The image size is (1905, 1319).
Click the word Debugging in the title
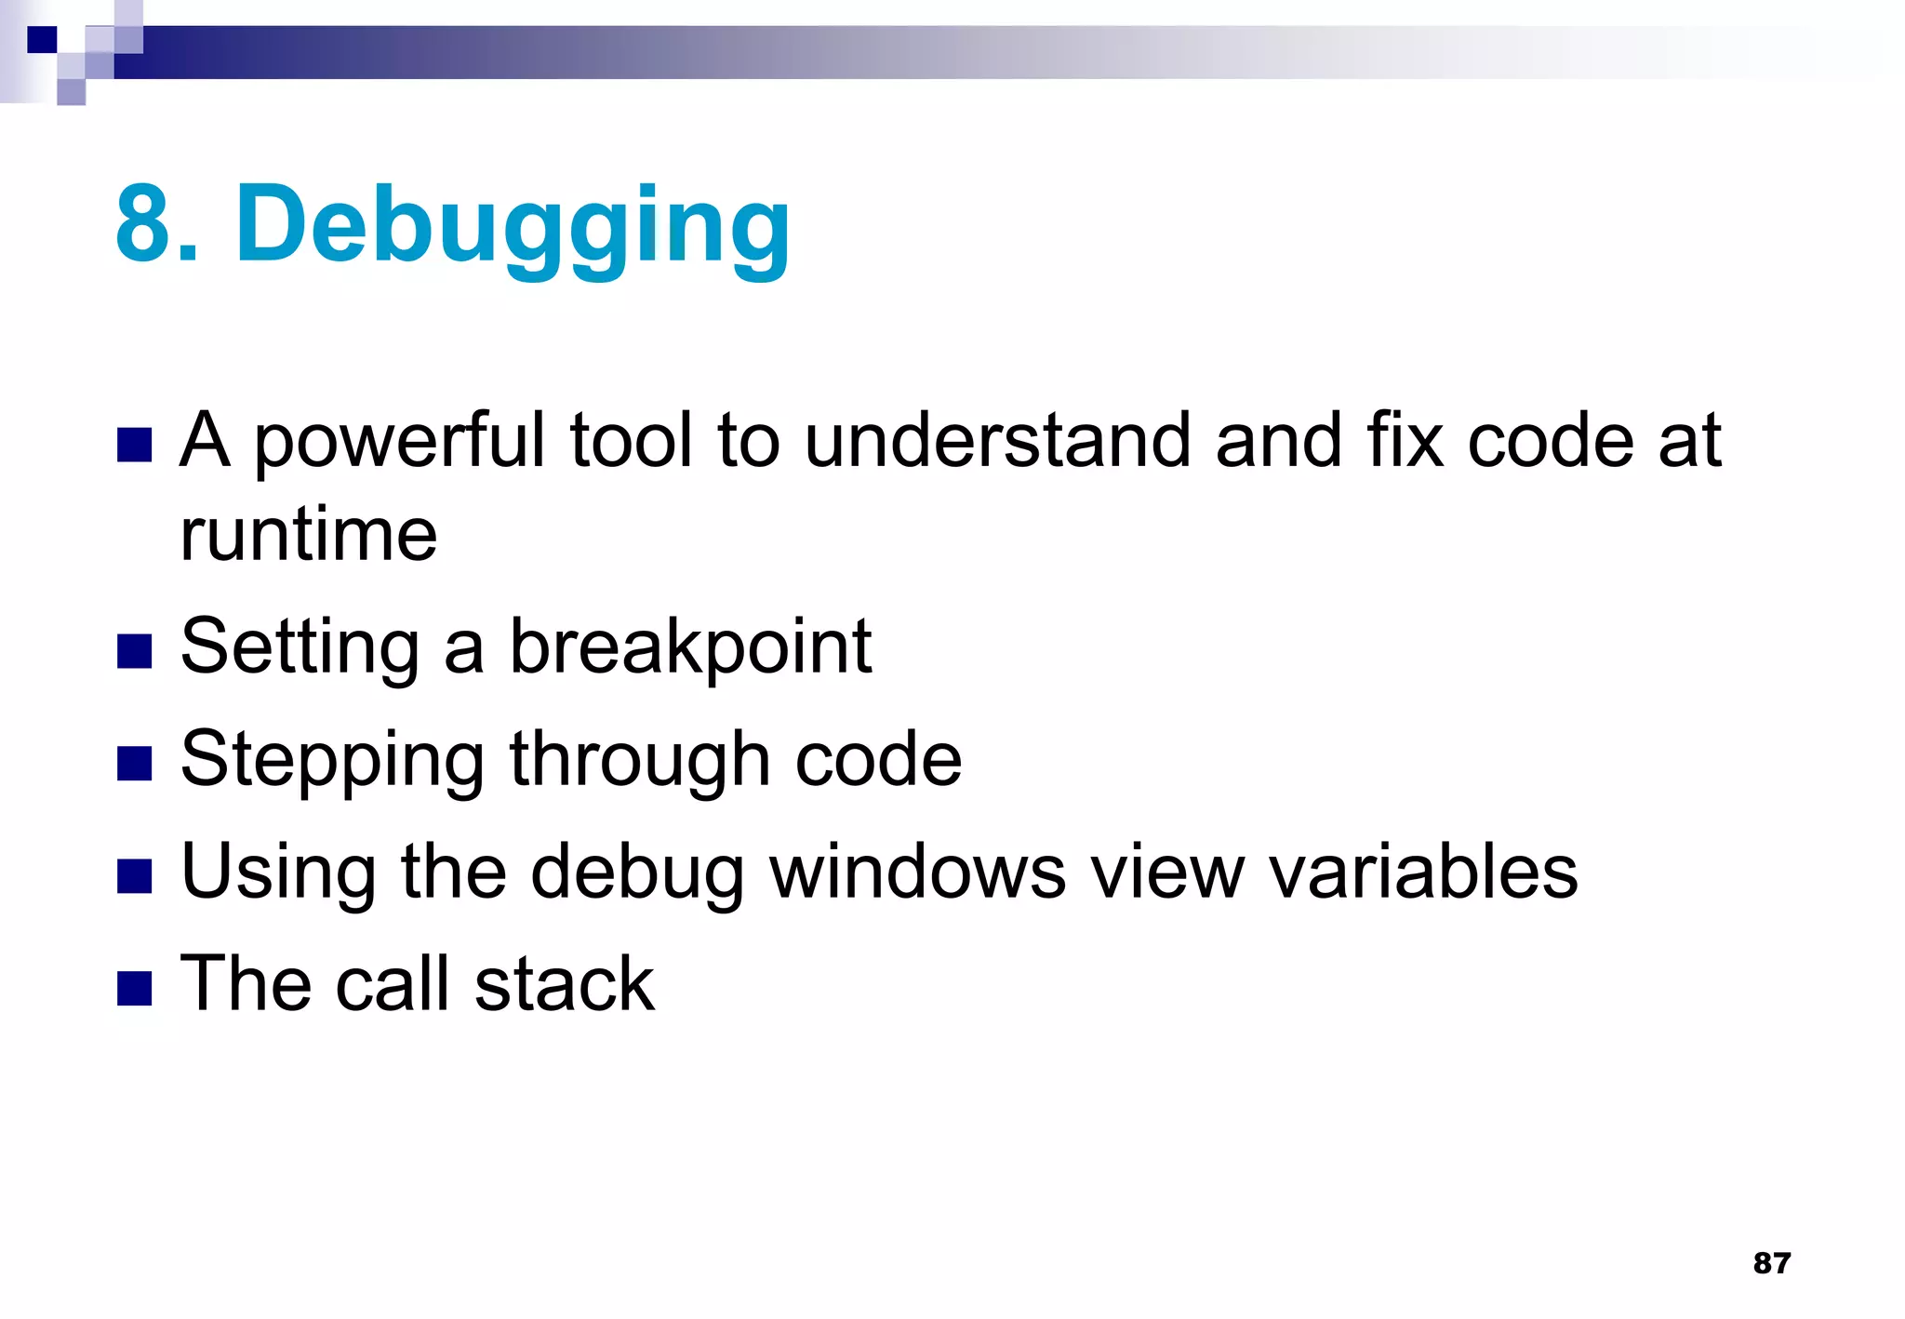click(x=513, y=226)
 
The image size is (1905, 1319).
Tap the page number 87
click(x=1771, y=1262)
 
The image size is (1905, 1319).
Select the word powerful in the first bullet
click(x=399, y=441)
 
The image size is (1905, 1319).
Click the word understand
click(x=996, y=441)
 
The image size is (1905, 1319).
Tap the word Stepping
click(x=332, y=760)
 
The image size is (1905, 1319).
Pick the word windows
click(x=917, y=873)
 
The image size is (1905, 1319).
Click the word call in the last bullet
click(x=392, y=984)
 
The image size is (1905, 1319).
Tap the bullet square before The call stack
click(x=135, y=989)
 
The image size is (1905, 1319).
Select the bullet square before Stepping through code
click(x=135, y=765)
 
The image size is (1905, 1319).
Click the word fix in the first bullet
click(x=1405, y=441)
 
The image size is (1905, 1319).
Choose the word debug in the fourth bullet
click(x=637, y=873)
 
